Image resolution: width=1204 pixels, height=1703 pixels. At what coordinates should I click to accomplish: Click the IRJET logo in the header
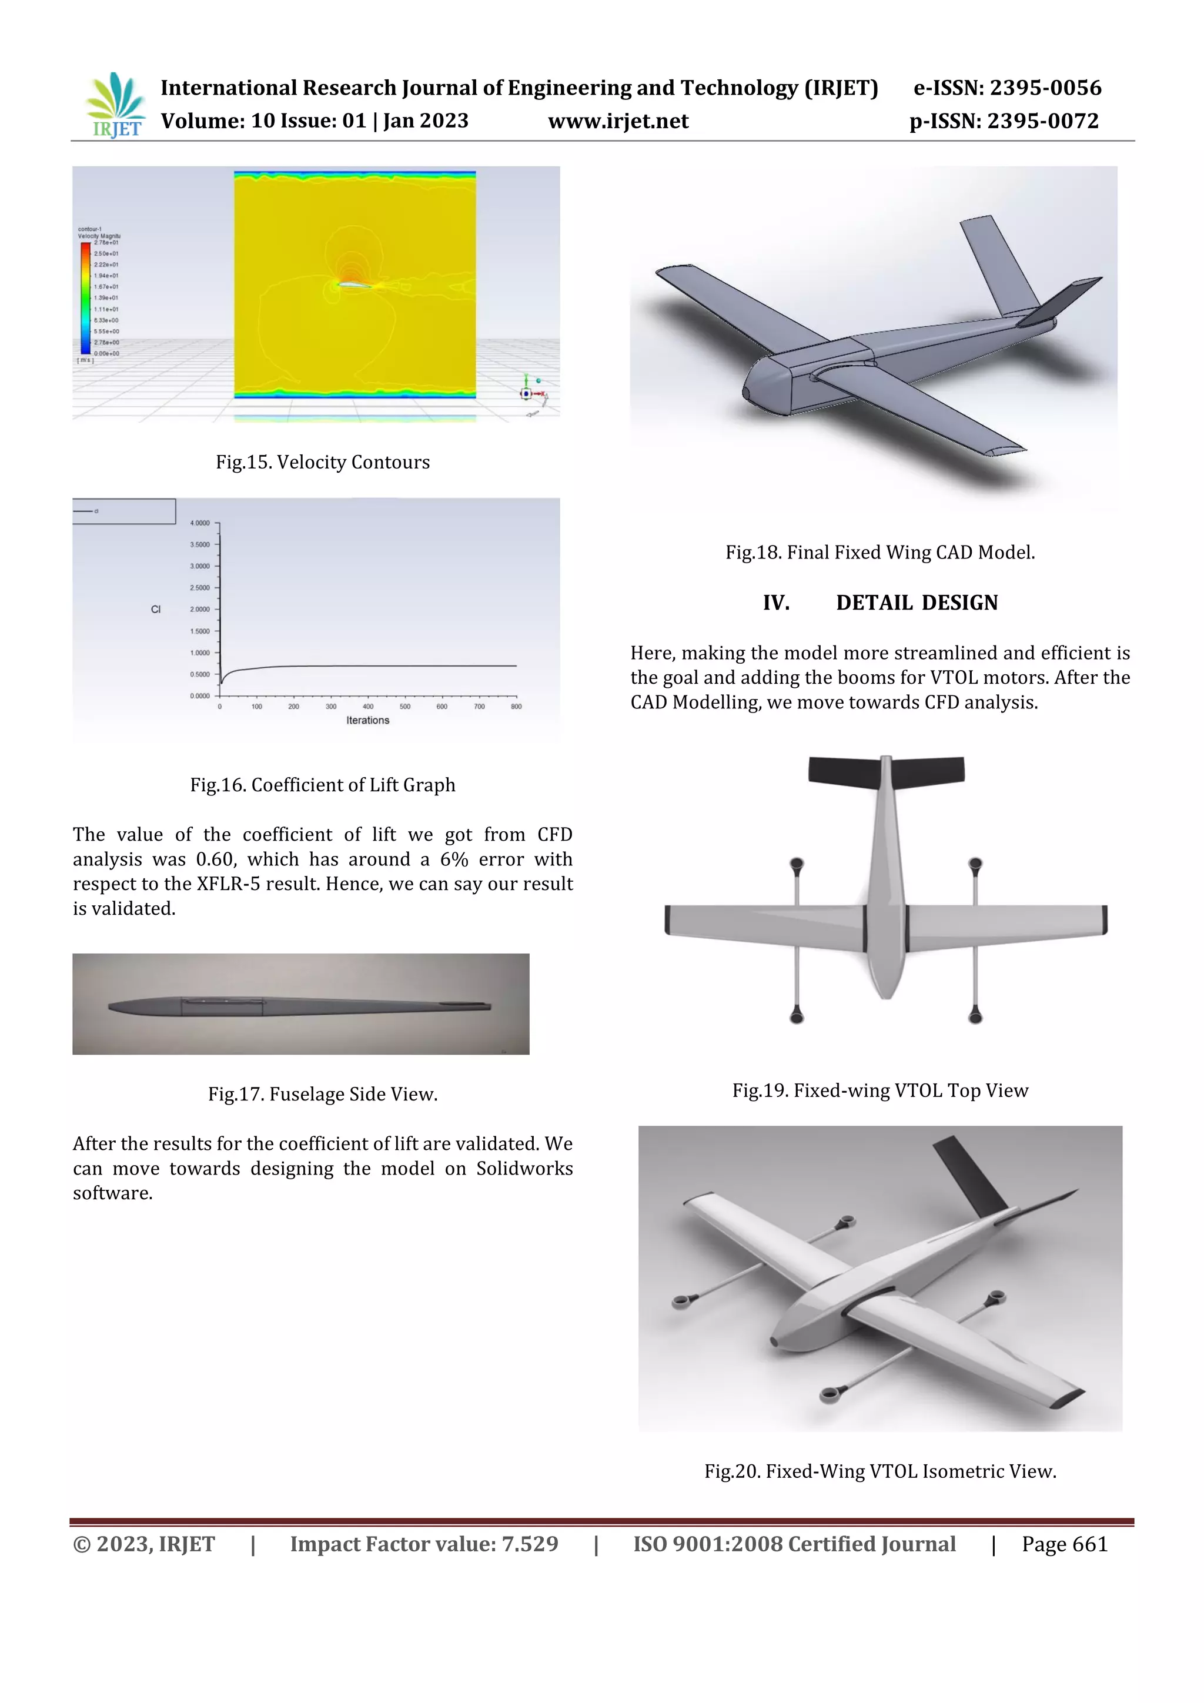click(116, 105)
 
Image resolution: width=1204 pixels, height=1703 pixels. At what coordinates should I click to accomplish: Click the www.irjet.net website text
click(618, 121)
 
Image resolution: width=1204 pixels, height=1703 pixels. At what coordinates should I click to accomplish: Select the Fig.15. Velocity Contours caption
click(323, 462)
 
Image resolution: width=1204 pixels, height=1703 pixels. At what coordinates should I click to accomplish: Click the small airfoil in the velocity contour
click(351, 283)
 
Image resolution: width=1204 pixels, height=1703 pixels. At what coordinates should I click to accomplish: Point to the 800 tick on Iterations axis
click(516, 706)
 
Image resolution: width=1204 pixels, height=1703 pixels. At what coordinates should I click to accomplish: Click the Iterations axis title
click(367, 720)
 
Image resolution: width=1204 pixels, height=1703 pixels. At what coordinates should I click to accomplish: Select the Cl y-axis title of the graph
click(156, 609)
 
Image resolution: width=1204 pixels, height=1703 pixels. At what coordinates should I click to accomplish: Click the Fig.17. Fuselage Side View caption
click(323, 1094)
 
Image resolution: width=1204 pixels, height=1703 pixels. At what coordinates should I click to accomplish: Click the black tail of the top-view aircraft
click(887, 769)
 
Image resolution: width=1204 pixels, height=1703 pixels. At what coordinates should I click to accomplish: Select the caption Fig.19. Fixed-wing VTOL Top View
click(880, 1090)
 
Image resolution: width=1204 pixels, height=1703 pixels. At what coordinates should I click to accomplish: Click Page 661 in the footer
click(1064, 1544)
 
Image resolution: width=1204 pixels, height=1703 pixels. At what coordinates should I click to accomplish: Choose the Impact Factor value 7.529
click(530, 1544)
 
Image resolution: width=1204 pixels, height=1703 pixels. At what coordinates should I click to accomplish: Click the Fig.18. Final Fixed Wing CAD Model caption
click(880, 553)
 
